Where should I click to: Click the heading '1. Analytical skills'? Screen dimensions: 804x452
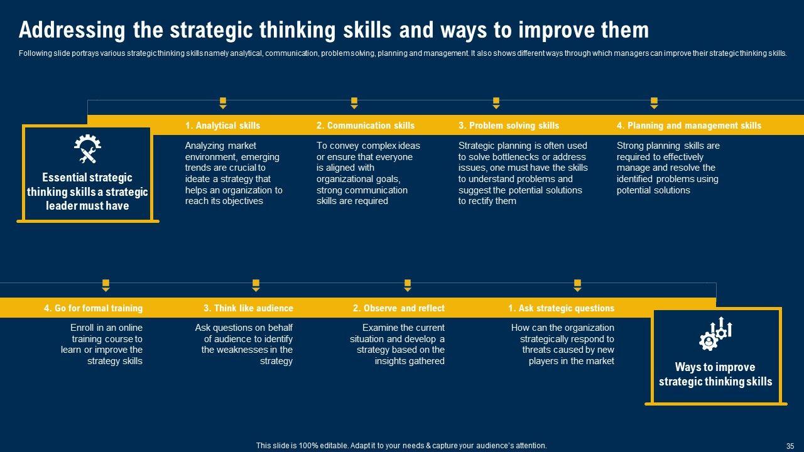[x=222, y=126]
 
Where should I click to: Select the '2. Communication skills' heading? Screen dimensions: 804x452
[x=366, y=126]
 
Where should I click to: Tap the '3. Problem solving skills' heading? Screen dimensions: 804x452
[x=509, y=126]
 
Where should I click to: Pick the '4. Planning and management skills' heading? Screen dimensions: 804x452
[x=689, y=126]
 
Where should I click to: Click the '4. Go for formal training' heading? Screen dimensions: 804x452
[x=94, y=308]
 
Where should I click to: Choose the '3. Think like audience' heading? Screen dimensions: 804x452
[x=248, y=308]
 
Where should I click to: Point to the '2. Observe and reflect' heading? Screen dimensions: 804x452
[x=398, y=308]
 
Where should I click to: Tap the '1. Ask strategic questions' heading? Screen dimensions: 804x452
[x=562, y=308]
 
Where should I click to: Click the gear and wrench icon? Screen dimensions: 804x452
[x=87, y=149]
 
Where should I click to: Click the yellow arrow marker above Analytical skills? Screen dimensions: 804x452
[x=223, y=103]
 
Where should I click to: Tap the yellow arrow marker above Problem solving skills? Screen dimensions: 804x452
[x=496, y=103]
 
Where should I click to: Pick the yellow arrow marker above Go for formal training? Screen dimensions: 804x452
[x=106, y=285]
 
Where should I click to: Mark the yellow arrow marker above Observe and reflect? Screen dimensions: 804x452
[x=408, y=285]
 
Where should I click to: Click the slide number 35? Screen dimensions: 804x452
[x=790, y=446]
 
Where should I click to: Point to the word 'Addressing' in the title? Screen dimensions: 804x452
[x=72, y=31]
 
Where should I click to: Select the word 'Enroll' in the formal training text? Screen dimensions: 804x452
[x=82, y=328]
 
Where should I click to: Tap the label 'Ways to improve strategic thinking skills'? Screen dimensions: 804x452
[x=715, y=374]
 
